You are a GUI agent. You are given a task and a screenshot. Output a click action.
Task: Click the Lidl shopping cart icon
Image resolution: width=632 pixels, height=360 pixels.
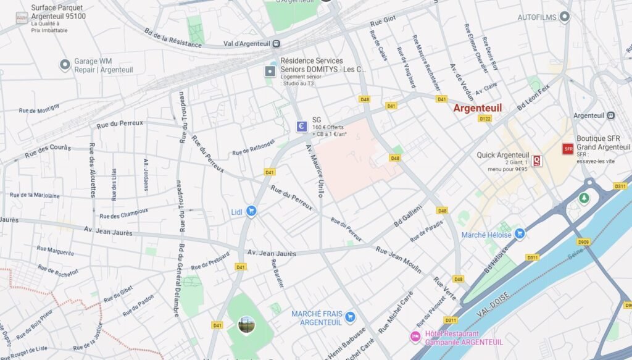251,211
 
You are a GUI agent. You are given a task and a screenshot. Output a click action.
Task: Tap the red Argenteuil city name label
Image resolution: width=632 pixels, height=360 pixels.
477,108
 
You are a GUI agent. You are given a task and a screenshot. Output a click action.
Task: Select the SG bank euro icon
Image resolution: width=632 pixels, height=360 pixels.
302,127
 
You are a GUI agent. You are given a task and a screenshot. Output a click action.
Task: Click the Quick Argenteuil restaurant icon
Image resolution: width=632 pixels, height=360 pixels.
538,161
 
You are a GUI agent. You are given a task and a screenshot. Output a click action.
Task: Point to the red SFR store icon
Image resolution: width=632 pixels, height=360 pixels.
568,149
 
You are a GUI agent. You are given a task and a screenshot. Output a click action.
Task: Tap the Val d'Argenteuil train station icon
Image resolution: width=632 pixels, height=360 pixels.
276,43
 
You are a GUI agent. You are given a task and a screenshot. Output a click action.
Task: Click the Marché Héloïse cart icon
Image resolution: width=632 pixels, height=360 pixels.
520,233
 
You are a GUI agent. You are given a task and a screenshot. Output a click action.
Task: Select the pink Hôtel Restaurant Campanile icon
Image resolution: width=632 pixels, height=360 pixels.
415,337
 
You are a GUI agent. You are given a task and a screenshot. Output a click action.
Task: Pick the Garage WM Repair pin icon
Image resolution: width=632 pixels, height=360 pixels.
65,64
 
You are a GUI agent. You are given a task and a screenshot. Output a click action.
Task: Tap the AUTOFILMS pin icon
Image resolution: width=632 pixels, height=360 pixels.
564,17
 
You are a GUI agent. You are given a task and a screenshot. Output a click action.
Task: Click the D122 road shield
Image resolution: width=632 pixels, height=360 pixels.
485,119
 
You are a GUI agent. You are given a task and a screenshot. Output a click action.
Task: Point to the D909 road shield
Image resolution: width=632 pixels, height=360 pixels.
583,241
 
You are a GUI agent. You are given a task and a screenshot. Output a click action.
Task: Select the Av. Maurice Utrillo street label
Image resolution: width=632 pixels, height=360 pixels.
314,170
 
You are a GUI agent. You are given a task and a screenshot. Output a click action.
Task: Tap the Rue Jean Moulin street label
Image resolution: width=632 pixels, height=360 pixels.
399,259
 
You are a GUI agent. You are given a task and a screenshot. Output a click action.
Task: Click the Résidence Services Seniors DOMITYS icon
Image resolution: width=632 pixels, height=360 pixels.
270,72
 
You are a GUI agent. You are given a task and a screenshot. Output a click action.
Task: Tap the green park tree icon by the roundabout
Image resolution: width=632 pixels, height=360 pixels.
583,198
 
